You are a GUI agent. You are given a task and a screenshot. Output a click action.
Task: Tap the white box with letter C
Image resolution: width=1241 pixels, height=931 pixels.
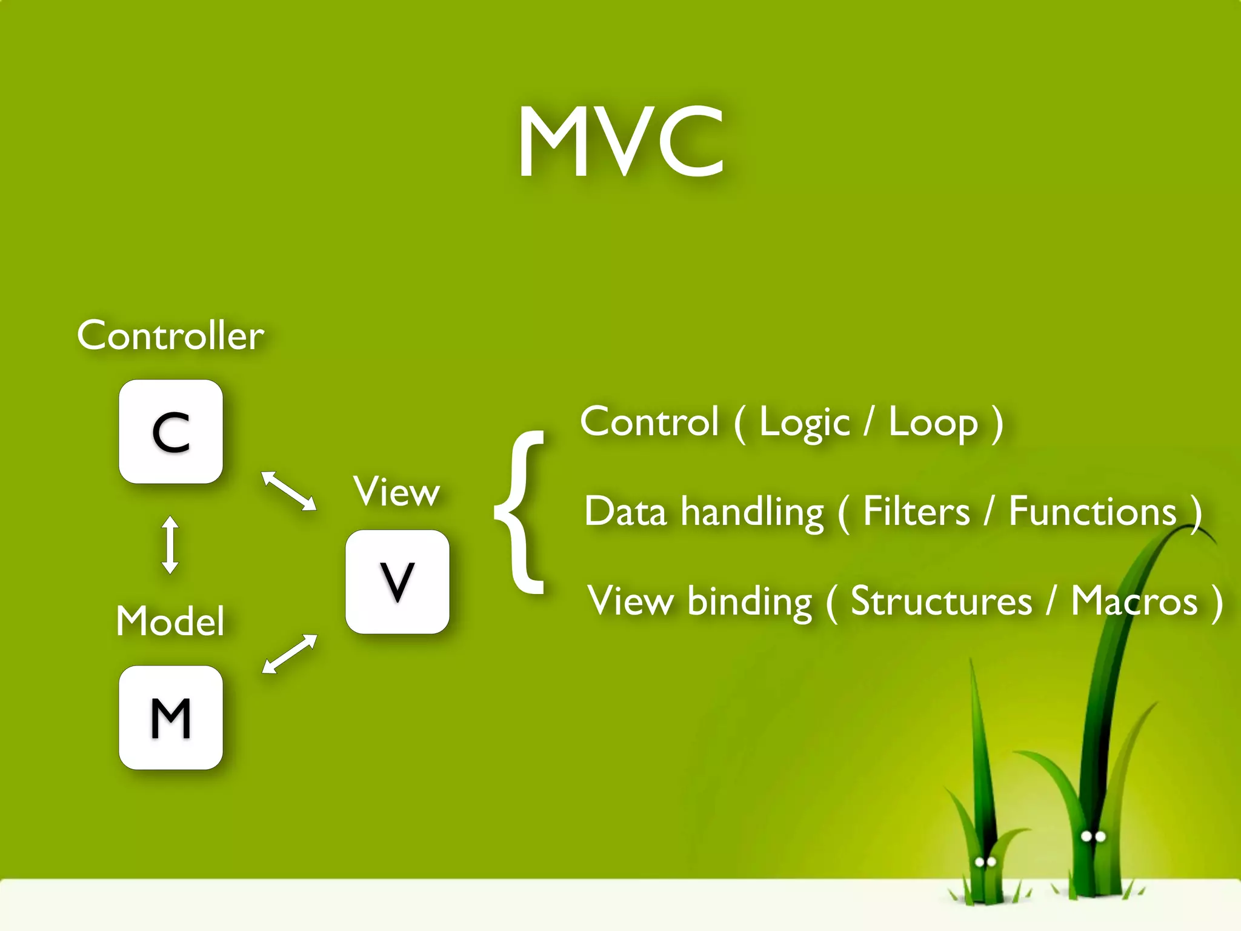[x=171, y=432]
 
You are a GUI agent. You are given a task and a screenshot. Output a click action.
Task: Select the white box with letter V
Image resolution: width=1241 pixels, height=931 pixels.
[x=398, y=582]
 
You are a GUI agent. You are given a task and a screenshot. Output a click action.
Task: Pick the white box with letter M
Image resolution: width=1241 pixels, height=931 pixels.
[x=171, y=718]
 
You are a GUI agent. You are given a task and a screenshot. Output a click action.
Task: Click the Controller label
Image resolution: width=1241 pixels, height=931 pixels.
[x=170, y=335]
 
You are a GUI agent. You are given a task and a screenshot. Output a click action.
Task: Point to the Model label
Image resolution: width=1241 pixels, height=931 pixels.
[x=170, y=621]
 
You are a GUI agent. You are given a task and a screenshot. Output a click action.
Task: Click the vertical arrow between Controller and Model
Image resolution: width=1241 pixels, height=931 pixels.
[x=170, y=545]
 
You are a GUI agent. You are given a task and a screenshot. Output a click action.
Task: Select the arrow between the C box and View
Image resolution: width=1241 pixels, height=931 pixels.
[x=288, y=490]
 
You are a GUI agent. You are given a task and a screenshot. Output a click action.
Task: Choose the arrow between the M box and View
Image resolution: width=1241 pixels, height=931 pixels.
[x=289, y=654]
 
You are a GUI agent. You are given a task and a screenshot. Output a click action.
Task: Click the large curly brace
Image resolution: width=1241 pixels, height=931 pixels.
[x=520, y=512]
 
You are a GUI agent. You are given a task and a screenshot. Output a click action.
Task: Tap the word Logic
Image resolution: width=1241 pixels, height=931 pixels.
[x=804, y=422]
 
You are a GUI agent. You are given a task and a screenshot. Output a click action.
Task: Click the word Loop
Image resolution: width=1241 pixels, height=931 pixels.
[x=933, y=422]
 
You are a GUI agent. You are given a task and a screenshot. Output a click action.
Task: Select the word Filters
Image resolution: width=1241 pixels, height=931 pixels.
[x=916, y=512]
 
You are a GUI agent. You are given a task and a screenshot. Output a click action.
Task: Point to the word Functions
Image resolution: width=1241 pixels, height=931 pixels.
[x=1093, y=512]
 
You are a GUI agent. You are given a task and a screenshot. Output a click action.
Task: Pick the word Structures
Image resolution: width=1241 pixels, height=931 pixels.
[x=941, y=601]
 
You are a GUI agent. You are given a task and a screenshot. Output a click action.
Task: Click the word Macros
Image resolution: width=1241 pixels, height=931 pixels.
[x=1134, y=601]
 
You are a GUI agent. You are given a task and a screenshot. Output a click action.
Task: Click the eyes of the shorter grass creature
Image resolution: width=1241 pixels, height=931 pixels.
[x=985, y=862]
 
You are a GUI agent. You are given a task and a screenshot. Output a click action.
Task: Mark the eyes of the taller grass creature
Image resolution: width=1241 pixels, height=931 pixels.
[x=1094, y=836]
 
